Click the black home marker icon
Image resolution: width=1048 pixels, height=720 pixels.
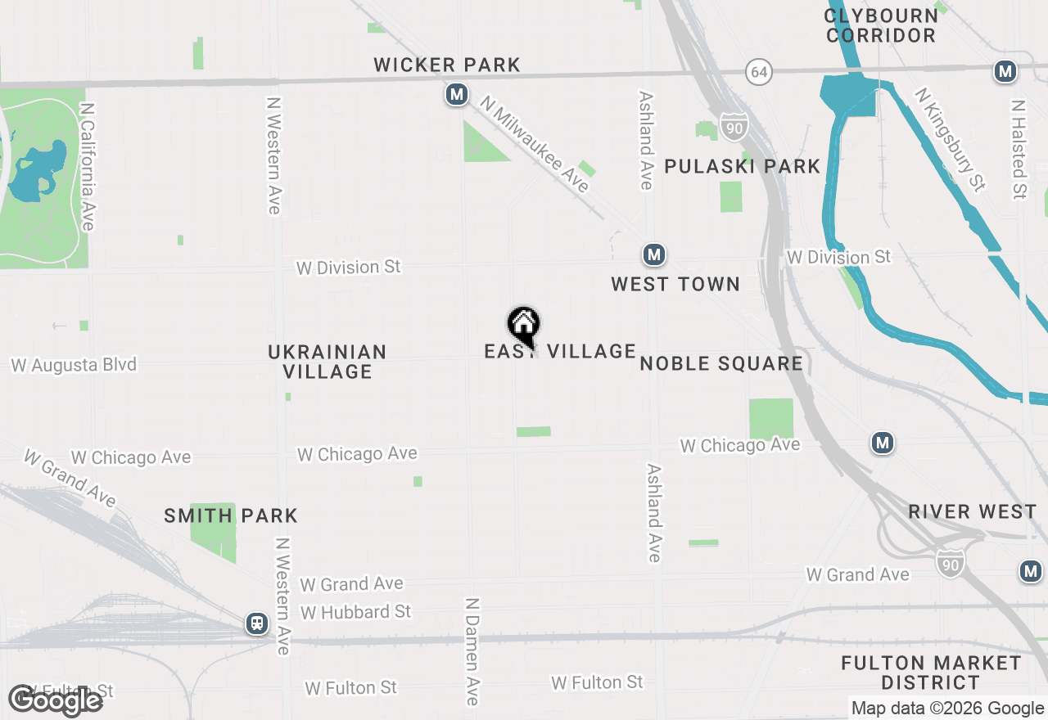pyautogui.click(x=523, y=325)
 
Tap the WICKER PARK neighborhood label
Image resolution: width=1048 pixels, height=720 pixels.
pyautogui.click(x=447, y=65)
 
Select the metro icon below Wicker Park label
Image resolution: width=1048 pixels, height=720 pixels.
pyautogui.click(x=457, y=96)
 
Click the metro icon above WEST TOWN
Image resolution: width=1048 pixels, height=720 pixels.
pyautogui.click(x=653, y=254)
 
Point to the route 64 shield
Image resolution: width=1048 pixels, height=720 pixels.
pyautogui.click(x=759, y=72)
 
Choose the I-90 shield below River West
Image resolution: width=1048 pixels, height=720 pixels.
pyautogui.click(x=950, y=562)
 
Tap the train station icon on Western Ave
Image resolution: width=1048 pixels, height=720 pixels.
pyautogui.click(x=257, y=623)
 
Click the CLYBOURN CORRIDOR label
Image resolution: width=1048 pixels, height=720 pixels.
pyautogui.click(x=881, y=25)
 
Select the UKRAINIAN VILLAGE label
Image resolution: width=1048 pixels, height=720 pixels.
pyautogui.click(x=327, y=362)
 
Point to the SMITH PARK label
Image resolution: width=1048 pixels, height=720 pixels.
pyautogui.click(x=231, y=515)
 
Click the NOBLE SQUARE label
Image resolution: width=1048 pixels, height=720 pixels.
pyautogui.click(x=721, y=363)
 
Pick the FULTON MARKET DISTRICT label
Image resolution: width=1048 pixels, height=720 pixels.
pyautogui.click(x=931, y=673)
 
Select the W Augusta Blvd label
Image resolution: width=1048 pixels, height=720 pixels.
pyautogui.click(x=74, y=365)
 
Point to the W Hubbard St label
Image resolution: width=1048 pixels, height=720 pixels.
pyautogui.click(x=355, y=612)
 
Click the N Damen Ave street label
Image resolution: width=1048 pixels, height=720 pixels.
pyautogui.click(x=472, y=650)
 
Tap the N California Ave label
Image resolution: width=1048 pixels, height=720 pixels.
pyautogui.click(x=88, y=166)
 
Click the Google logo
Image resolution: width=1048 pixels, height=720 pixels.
pyautogui.click(x=56, y=700)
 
